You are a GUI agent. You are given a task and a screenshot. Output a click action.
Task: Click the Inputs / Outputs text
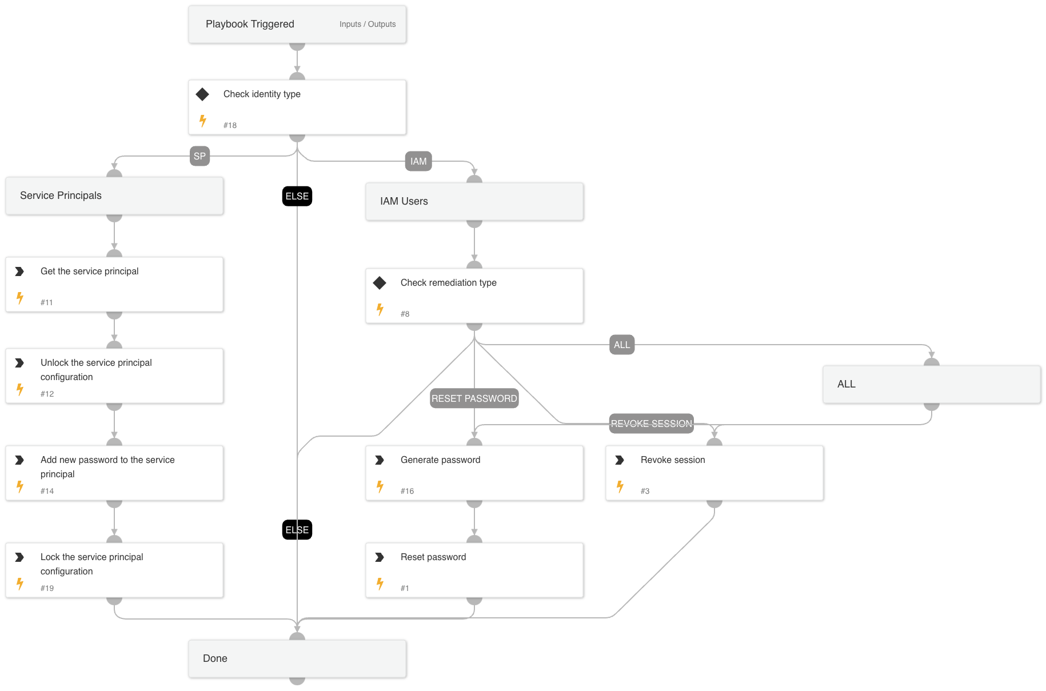(367, 24)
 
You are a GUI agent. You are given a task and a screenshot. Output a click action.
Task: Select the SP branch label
(199, 156)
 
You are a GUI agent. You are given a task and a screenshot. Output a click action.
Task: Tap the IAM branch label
(418, 161)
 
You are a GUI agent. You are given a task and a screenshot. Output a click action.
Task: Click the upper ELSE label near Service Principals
(297, 196)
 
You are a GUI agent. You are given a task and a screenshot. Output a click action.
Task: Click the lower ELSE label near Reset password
(297, 530)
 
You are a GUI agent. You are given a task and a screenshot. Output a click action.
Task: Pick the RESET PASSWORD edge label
(474, 398)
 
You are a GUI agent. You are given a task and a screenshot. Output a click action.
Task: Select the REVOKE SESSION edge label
(651, 424)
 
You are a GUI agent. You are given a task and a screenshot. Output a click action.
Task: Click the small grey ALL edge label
(622, 345)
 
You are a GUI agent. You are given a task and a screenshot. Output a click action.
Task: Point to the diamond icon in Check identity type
(202, 94)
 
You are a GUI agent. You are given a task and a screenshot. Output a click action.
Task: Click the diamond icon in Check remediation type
(380, 283)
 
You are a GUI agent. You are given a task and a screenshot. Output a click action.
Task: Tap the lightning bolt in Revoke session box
(620, 487)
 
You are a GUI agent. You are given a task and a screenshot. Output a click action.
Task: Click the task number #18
(230, 125)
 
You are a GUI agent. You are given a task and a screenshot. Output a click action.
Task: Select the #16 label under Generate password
(407, 491)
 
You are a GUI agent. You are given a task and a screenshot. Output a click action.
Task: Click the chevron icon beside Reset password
(380, 557)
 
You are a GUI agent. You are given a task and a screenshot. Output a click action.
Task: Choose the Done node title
(215, 658)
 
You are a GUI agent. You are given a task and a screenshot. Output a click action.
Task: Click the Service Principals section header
(61, 195)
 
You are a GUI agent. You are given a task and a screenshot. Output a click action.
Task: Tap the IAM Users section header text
(404, 201)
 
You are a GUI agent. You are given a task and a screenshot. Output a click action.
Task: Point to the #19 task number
(47, 588)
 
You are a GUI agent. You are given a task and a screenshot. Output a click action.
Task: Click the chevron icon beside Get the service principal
(19, 271)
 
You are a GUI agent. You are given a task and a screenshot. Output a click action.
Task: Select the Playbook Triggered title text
(250, 24)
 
